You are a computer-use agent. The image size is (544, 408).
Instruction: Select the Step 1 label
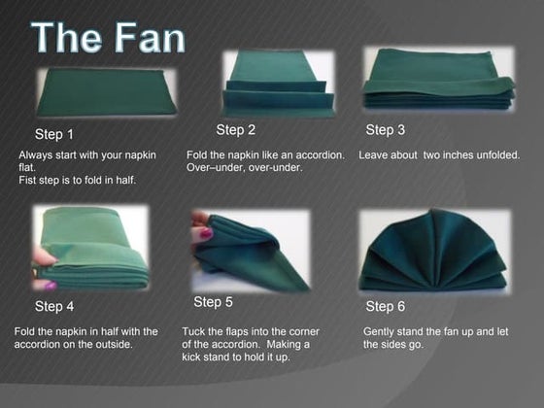[x=54, y=134]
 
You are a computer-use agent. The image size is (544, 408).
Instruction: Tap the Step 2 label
[x=236, y=130]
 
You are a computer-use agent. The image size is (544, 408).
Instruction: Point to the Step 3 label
[x=386, y=130]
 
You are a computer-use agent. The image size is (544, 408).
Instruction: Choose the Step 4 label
[x=54, y=307]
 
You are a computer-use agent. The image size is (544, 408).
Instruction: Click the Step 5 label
[x=213, y=302]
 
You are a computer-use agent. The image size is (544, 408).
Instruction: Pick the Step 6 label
[x=386, y=307]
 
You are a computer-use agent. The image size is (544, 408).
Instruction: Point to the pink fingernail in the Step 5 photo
[x=206, y=234]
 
